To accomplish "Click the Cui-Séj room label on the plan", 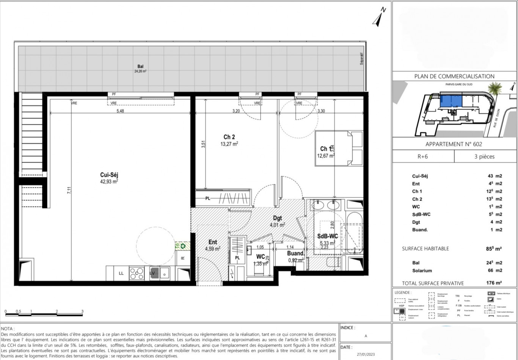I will click(x=109, y=175).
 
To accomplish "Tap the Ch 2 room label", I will click(x=229, y=137).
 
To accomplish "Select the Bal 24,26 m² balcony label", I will click(x=140, y=69).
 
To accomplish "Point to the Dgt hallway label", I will click(x=277, y=218).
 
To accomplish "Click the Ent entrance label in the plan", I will click(x=213, y=242).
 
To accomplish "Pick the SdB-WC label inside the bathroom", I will click(x=327, y=236).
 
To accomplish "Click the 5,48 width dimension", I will click(x=120, y=111).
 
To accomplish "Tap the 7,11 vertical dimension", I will click(x=69, y=190).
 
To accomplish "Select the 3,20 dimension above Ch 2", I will click(x=236, y=111).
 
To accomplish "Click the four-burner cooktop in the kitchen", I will click(x=137, y=273).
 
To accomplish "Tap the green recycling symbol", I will click(x=183, y=246).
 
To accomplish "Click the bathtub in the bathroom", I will click(x=354, y=234).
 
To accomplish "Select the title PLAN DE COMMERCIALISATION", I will click(x=454, y=76).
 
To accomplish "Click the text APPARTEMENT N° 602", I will click(x=454, y=144).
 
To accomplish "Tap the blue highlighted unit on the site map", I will click(x=451, y=102).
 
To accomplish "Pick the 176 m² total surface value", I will click(x=494, y=283).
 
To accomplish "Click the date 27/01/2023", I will click(x=366, y=355).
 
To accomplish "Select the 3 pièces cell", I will click(x=484, y=157).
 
